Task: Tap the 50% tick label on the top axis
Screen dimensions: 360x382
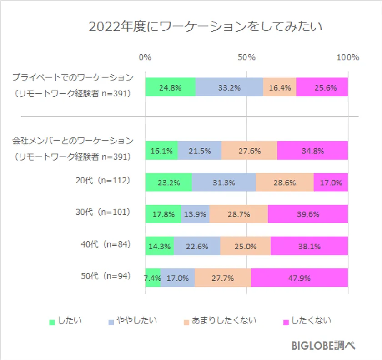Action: (247, 57)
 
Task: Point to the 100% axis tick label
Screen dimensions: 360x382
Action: (348, 57)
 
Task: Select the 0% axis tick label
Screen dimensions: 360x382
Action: (145, 57)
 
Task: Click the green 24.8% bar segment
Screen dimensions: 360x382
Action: (170, 87)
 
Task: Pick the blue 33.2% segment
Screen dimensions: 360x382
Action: (229, 87)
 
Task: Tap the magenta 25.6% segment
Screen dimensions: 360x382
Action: (322, 87)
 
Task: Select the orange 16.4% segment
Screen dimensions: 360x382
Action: (280, 87)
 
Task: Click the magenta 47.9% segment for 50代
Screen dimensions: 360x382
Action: (299, 278)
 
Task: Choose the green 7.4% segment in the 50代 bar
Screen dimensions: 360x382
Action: (153, 278)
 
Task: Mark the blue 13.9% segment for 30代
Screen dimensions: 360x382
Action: (195, 214)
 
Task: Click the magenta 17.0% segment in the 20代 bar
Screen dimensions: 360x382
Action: (331, 183)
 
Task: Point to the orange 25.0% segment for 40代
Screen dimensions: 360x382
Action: (245, 246)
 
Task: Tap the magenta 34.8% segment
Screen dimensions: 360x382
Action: (312, 151)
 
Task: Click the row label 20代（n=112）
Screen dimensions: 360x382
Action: (103, 180)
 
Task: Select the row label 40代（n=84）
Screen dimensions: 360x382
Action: (105, 244)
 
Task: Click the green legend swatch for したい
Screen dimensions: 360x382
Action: (52, 322)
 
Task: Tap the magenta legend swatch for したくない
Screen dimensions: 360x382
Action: (286, 322)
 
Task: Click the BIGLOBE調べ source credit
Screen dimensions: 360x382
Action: (323, 345)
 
